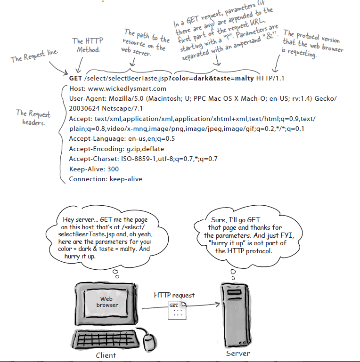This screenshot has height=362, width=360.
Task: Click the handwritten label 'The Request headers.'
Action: pos(33,117)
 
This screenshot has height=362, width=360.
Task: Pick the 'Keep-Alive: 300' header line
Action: pos(93,169)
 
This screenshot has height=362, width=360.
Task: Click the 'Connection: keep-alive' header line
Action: pos(105,179)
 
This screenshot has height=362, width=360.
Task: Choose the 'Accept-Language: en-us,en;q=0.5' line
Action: pos(122,138)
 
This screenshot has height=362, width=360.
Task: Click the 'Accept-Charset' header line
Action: pos(143,159)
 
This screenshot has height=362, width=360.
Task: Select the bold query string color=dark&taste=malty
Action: pos(213,78)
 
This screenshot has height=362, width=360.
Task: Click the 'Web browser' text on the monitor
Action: pos(107,302)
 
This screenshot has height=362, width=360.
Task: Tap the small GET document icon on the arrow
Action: pos(175,309)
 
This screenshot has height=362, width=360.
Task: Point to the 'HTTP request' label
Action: pos(174,295)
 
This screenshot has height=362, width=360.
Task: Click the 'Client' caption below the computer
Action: pos(106,355)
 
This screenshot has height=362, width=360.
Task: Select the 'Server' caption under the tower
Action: pos(238,353)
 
